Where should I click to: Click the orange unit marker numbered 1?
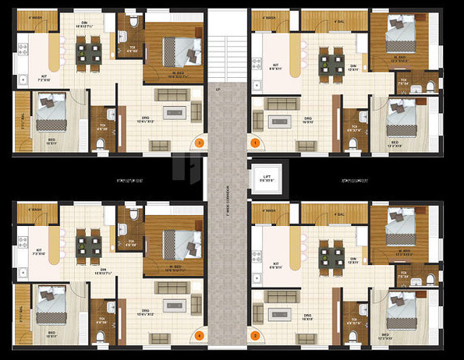(x=254, y=143)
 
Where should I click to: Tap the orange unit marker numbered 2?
(x=254, y=336)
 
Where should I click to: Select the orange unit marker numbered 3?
(x=200, y=143)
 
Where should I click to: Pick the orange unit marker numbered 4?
(x=200, y=336)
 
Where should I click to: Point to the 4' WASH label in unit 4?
(x=34, y=209)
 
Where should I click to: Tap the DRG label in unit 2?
(x=307, y=315)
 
